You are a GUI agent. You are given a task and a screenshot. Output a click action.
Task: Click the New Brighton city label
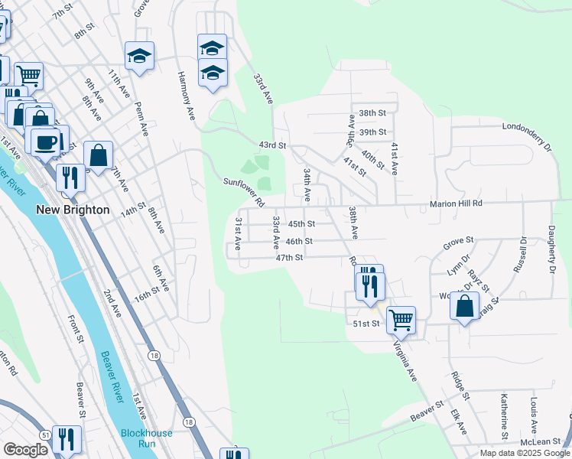tap(73, 209)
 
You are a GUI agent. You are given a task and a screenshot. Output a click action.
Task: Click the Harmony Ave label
tap(187, 96)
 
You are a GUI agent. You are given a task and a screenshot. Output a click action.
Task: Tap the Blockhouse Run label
tap(146, 438)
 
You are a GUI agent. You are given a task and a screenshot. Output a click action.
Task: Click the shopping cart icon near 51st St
tap(401, 320)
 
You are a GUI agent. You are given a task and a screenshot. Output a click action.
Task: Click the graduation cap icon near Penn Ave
tap(140, 56)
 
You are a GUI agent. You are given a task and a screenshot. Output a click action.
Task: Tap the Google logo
tap(25, 450)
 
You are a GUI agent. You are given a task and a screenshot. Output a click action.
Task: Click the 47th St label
tap(290, 258)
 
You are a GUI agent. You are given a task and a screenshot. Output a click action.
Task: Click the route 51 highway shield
tap(47, 435)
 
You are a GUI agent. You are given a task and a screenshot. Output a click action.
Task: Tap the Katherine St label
tap(505, 416)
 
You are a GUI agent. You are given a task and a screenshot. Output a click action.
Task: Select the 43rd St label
tap(272, 145)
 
